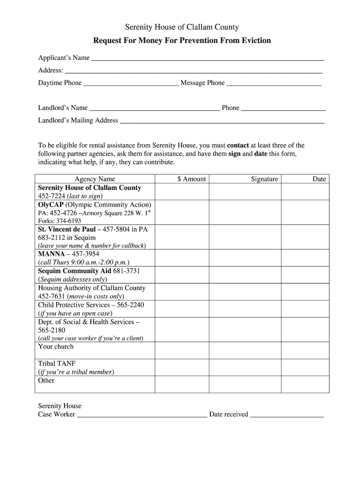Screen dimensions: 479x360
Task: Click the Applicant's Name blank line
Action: coord(208,58)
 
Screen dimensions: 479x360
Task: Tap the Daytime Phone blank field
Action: coord(131,83)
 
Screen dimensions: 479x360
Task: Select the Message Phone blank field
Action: coord(274,83)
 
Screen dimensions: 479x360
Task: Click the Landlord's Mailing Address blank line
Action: coord(222,121)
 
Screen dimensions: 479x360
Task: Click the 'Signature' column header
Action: coord(264,179)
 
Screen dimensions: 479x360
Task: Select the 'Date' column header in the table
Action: coord(319,179)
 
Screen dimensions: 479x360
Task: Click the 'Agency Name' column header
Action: coord(95,179)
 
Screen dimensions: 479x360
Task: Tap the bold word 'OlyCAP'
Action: coord(51,205)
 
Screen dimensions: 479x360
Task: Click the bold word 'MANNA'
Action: coord(51,254)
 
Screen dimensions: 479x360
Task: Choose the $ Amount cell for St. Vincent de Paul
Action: coord(182,237)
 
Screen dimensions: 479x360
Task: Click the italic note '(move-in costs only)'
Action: coord(95,297)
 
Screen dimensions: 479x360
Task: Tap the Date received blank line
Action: coord(287,415)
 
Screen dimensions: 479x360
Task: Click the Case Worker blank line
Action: coord(142,415)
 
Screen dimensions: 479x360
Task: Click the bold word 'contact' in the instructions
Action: coord(238,145)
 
